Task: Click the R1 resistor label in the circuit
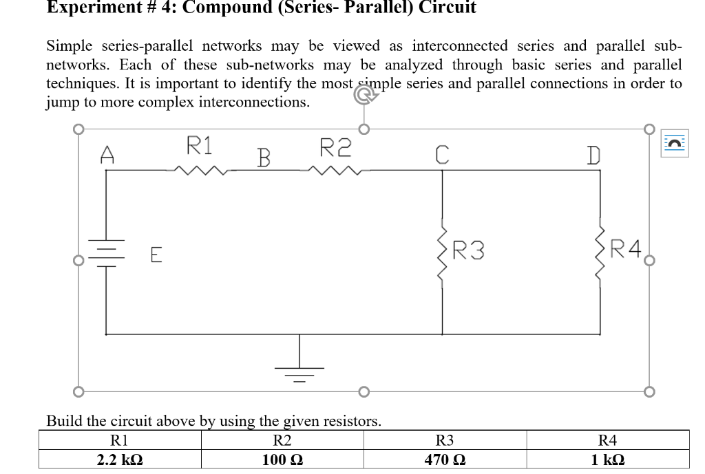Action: [x=200, y=145]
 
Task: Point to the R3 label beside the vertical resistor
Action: [x=468, y=250]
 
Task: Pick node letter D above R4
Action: [x=592, y=155]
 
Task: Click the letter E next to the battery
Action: [x=156, y=256]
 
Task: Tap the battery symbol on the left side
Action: [x=106, y=253]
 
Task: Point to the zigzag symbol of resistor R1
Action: [x=200, y=169]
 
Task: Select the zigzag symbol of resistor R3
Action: [x=442, y=252]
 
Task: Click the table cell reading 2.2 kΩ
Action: [x=120, y=459]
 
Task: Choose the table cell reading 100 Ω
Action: [x=282, y=459]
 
